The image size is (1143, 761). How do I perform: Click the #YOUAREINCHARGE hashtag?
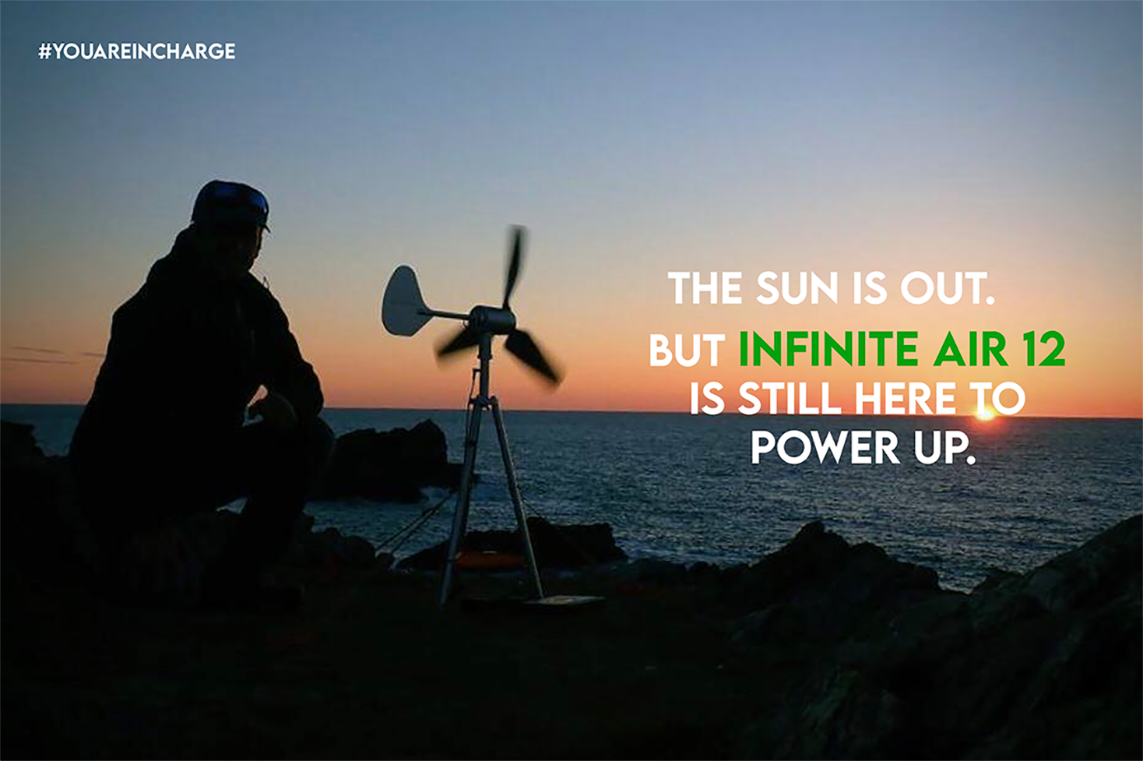137,51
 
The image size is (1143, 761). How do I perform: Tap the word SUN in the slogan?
797,288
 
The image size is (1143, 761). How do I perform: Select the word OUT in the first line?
947,288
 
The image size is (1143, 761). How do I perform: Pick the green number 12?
1044,351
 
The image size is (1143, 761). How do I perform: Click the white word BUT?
687,351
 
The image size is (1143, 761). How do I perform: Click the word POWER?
825,448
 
